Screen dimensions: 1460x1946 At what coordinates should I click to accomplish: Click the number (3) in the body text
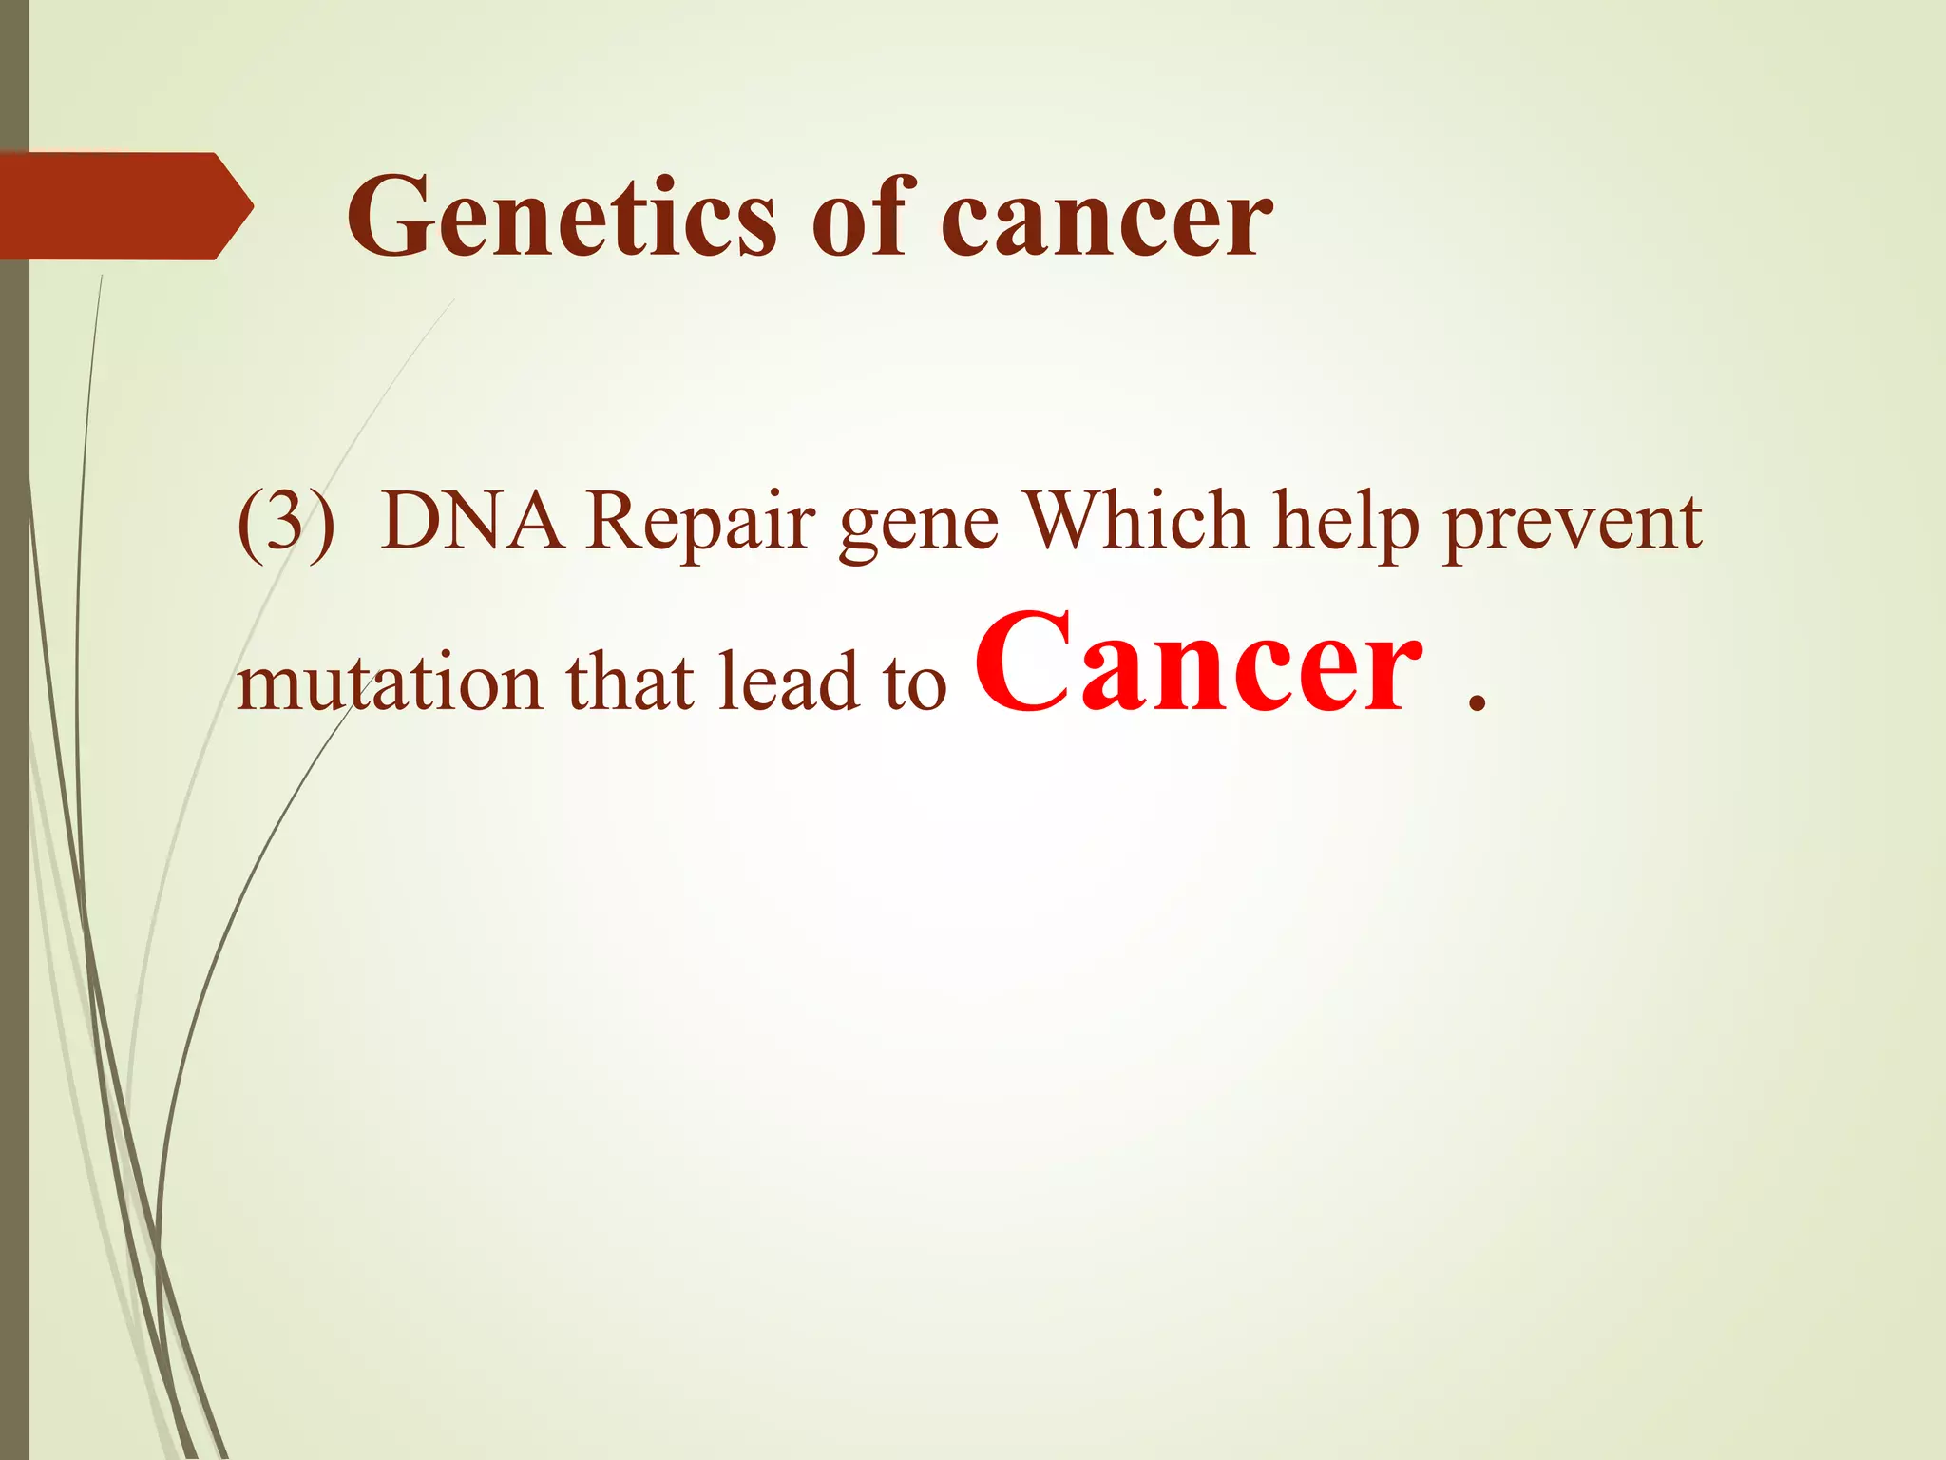point(286,524)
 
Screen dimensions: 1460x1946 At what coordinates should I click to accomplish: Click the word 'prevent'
point(1573,528)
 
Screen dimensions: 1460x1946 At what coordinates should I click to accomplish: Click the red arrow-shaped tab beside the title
point(124,206)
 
